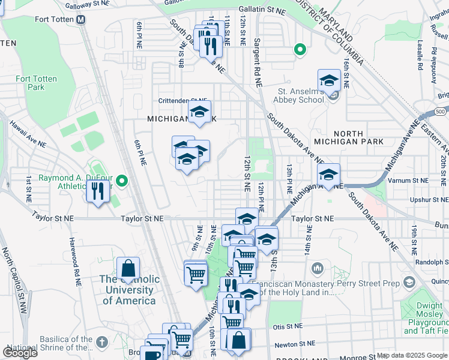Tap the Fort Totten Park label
click(31, 83)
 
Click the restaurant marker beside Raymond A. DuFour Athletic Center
click(95, 191)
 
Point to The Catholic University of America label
click(129, 290)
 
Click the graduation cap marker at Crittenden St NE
click(200, 112)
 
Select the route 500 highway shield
click(441, 112)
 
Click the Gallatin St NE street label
click(262, 10)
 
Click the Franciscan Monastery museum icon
click(317, 267)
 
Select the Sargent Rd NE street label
click(257, 56)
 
